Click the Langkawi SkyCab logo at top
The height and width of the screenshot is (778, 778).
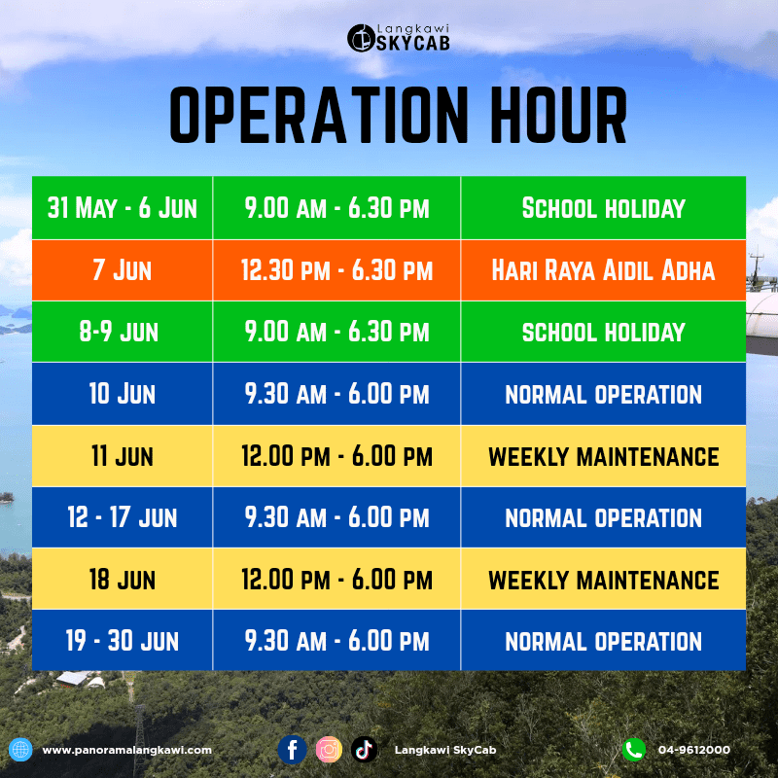coord(399,38)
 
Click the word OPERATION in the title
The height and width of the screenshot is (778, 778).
coord(319,115)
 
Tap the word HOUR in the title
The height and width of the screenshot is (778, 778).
coord(558,115)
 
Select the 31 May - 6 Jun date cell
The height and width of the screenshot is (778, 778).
coord(123,208)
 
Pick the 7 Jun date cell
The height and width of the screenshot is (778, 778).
coord(123,270)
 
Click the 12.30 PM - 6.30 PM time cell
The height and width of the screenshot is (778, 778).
coord(336,270)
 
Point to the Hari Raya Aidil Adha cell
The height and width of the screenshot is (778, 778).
coord(603,270)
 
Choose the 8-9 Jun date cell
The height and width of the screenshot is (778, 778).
coord(123,332)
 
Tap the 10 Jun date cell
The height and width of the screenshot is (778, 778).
coord(123,394)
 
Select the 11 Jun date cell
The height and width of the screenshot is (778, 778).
coord(123,456)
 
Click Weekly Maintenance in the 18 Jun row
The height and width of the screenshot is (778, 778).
coord(603,580)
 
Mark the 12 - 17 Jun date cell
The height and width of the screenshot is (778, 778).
coord(123,517)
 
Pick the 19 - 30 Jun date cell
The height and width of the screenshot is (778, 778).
coord(123,641)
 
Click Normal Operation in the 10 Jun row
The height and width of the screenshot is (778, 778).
coord(603,394)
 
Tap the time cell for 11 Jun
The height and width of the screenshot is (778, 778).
coord(336,456)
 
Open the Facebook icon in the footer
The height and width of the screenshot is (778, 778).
coord(293,749)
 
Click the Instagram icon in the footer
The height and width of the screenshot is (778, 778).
coord(329,749)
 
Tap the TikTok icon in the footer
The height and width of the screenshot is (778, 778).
coord(364,749)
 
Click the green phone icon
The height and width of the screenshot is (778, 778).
coord(634,749)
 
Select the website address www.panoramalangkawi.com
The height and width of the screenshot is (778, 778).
coord(127,750)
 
